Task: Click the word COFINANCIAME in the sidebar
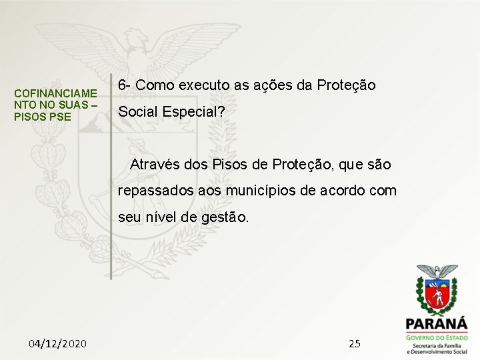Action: point(56,93)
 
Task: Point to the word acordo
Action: point(346,191)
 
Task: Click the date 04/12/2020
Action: point(57,343)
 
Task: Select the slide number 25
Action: point(355,343)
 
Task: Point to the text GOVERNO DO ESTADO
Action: point(437,338)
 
